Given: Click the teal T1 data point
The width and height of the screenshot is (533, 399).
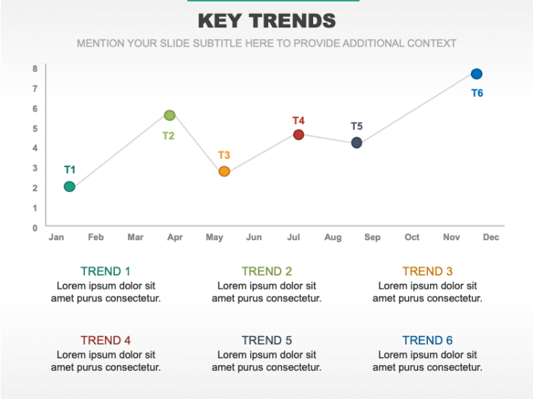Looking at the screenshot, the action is pyautogui.click(x=70, y=187).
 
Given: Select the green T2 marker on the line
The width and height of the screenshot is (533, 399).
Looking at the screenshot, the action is pyautogui.click(x=170, y=115).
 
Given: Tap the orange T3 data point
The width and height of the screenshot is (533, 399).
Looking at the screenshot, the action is pyautogui.click(x=224, y=171).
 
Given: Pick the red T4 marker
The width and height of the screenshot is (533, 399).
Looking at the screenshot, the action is pyautogui.click(x=298, y=134).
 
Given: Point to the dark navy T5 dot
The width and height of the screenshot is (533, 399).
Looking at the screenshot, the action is pyautogui.click(x=356, y=143).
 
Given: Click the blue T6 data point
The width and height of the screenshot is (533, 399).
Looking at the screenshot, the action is pyautogui.click(x=476, y=74).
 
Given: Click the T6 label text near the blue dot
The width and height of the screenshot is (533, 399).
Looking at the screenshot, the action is pyautogui.click(x=477, y=93).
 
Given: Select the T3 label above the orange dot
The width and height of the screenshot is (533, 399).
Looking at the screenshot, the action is pyautogui.click(x=224, y=155).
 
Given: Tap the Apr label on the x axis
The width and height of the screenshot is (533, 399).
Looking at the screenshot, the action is pyautogui.click(x=175, y=237).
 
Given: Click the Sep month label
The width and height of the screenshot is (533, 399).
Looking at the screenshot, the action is pyautogui.click(x=372, y=237).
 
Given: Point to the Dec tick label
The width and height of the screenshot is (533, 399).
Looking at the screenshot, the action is pyautogui.click(x=491, y=237).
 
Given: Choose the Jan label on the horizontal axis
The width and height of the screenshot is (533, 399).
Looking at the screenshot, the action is pyautogui.click(x=56, y=237).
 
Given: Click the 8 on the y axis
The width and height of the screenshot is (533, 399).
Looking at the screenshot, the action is pyautogui.click(x=35, y=69).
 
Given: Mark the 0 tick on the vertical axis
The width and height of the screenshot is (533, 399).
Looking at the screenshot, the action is pyautogui.click(x=35, y=228).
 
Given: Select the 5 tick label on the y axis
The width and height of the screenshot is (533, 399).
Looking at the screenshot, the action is pyautogui.click(x=35, y=129).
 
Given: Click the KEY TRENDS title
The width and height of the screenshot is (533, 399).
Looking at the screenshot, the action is pyautogui.click(x=266, y=21).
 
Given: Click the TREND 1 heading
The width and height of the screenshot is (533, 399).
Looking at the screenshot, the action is pyautogui.click(x=105, y=271).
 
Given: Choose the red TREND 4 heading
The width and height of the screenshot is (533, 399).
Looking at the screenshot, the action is pyautogui.click(x=105, y=341).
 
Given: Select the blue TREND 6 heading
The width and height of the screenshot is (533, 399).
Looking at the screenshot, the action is pyautogui.click(x=427, y=341).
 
